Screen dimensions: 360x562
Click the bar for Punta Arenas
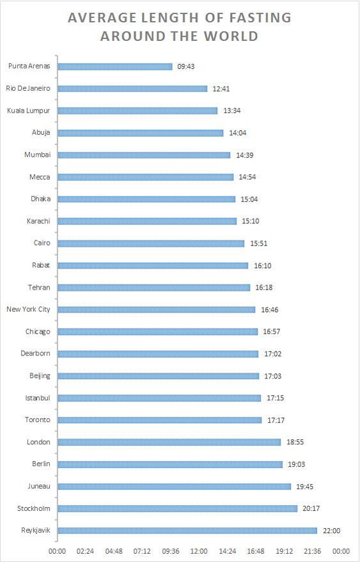[x=115, y=66]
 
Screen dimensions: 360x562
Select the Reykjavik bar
[x=187, y=531]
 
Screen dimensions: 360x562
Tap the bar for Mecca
[x=146, y=177]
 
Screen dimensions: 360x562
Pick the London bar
[x=169, y=442]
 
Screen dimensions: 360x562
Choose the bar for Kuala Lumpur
[x=137, y=111]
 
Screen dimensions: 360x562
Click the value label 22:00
[x=331, y=531]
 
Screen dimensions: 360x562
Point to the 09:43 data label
[x=185, y=66]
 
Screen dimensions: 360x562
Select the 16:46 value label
[x=270, y=309]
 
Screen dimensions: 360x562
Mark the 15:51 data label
[x=259, y=244]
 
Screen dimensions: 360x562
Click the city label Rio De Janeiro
[x=28, y=88]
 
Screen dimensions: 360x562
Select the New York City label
[x=28, y=309]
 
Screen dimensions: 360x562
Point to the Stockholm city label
[x=34, y=508]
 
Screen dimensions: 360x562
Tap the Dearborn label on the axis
[x=36, y=354]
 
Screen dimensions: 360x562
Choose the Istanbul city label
[x=38, y=398]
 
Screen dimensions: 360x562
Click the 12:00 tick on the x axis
[x=199, y=551]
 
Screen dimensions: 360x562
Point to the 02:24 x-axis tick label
[x=85, y=551]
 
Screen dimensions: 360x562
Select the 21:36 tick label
[x=312, y=551]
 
